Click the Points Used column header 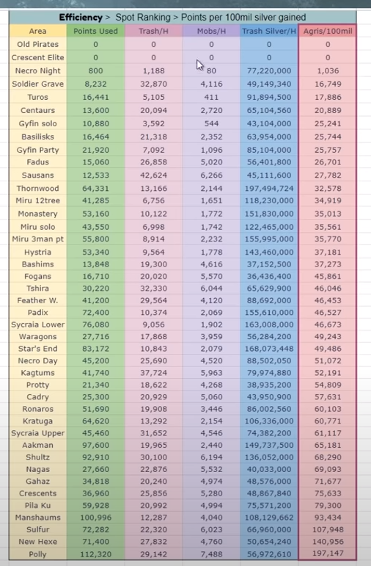(x=95, y=31)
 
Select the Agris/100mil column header (x=328, y=31)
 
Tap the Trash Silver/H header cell (x=269, y=31)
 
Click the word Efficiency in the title (x=81, y=18)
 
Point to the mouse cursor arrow (x=199, y=65)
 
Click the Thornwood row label (x=37, y=189)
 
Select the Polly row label (x=37, y=554)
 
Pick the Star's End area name (x=37, y=349)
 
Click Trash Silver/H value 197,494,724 (x=269, y=189)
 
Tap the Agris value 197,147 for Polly (x=328, y=554)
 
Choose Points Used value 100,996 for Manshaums (x=95, y=518)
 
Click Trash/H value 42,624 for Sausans (x=153, y=175)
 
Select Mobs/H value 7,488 (x=211, y=554)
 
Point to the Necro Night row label (x=37, y=70)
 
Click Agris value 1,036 (x=328, y=70)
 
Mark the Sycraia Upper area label (x=37, y=433)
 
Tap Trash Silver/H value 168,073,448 (x=269, y=349)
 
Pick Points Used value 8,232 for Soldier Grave (x=95, y=84)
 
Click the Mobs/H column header (x=211, y=31)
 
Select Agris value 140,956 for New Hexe (x=328, y=542)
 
